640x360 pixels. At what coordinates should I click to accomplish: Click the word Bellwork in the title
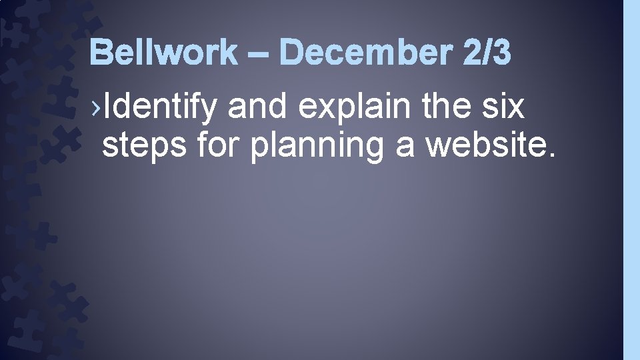pyautogui.click(x=163, y=52)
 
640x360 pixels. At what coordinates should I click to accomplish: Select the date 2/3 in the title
pyautogui.click(x=485, y=52)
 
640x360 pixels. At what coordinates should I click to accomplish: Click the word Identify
pyautogui.click(x=160, y=107)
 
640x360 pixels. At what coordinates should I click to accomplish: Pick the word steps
pyautogui.click(x=144, y=147)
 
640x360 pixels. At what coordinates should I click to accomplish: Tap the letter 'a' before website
pyautogui.click(x=405, y=147)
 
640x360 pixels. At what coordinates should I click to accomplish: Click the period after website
pyautogui.click(x=549, y=156)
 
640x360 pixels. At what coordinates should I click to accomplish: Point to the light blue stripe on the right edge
pyautogui.click(x=631, y=180)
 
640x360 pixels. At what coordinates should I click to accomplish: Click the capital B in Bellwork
pyautogui.click(x=100, y=52)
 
